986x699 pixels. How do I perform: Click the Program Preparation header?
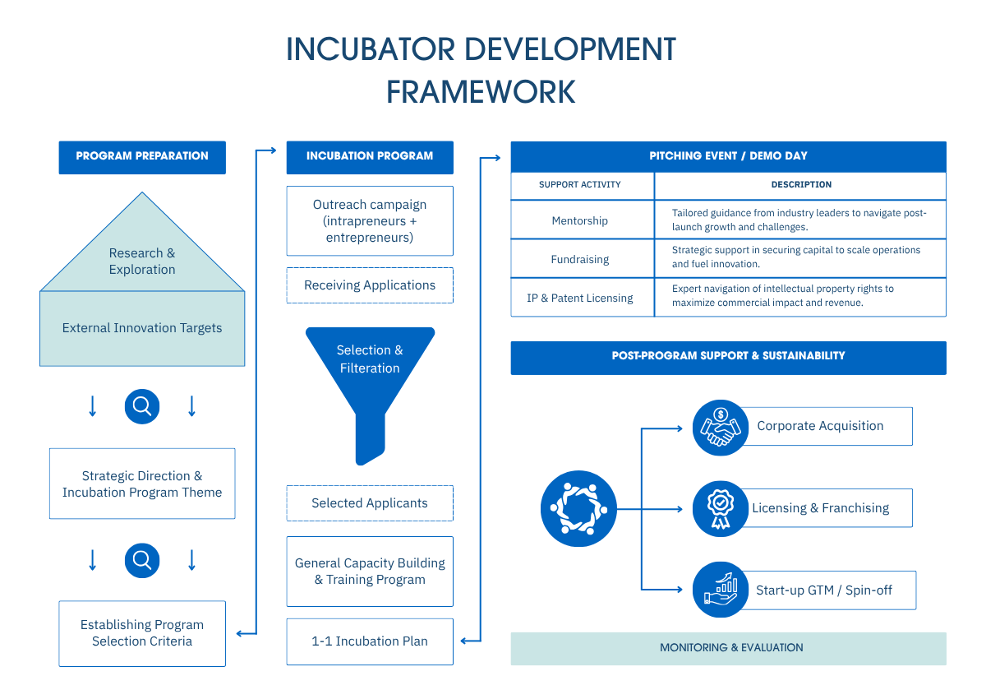tap(142, 156)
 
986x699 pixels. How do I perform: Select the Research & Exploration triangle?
tap(142, 255)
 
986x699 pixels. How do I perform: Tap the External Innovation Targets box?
tap(142, 328)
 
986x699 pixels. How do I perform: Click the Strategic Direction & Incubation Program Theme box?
tap(142, 484)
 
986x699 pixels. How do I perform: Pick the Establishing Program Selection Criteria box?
tap(142, 632)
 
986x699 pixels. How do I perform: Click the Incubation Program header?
tap(370, 156)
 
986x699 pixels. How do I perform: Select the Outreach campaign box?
tap(370, 220)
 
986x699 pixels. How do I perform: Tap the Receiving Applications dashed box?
tap(370, 285)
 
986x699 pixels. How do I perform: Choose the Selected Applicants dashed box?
tap(370, 503)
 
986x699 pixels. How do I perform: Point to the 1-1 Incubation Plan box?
tap(370, 641)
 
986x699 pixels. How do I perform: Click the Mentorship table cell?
tap(580, 220)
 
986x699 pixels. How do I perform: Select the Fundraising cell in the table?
tap(580, 259)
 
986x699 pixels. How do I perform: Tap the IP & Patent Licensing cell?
tap(580, 298)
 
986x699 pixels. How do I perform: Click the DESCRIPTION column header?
tap(801, 185)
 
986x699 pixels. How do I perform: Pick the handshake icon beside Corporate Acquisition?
tap(720, 427)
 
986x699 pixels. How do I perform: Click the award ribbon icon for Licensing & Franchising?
tap(720, 508)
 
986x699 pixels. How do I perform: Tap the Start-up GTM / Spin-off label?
tap(824, 590)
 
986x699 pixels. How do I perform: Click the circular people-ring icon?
tap(578, 509)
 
